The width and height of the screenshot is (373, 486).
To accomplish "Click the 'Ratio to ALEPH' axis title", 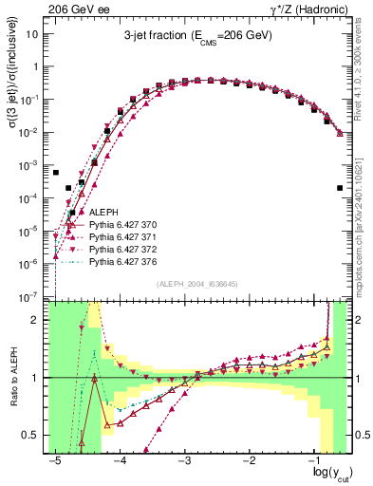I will [11, 378].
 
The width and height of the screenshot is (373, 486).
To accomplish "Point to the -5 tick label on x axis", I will [56, 457].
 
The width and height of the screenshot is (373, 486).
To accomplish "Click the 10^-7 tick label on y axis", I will [31, 297].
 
